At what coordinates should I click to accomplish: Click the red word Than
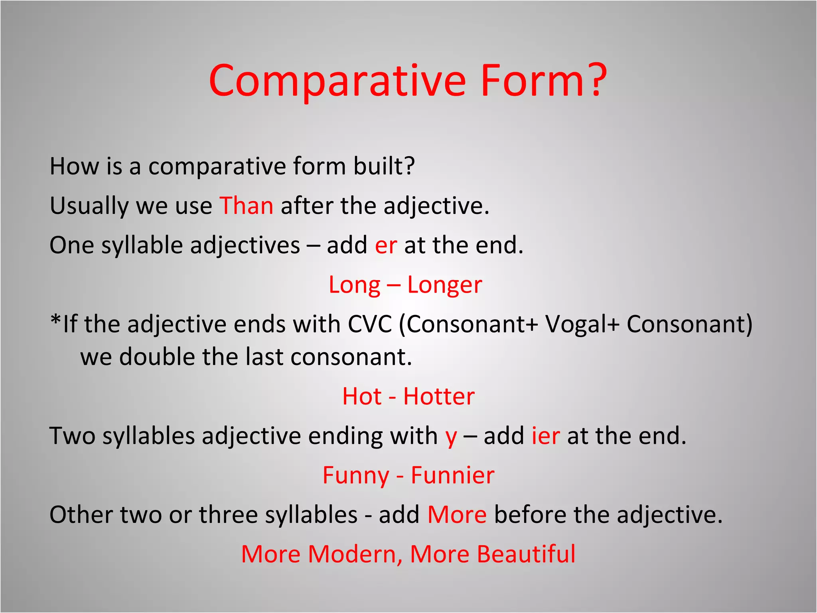pos(246,206)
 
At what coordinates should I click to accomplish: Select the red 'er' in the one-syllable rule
pos(385,245)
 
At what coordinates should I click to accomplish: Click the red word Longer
pos(444,285)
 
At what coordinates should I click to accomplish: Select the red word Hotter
pos(439,396)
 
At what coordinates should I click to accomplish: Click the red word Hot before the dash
pos(362,396)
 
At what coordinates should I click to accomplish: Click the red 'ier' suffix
pos(545,435)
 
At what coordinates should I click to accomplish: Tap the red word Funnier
pos(452,475)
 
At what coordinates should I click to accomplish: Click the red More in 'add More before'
pos(457,514)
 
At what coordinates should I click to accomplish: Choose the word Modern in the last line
pos(351,554)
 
